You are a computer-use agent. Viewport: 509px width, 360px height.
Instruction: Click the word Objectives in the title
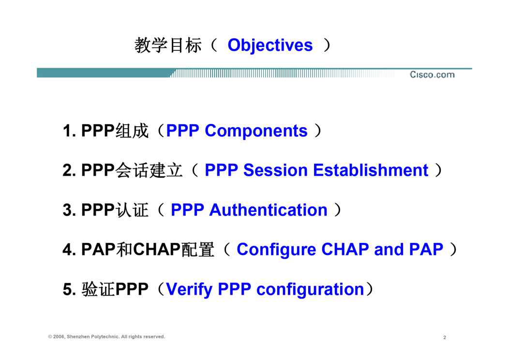click(270, 45)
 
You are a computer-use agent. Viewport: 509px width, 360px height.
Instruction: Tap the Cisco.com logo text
click(432, 75)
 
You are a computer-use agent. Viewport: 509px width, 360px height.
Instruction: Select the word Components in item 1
click(256, 132)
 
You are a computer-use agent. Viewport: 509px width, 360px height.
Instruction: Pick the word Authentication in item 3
click(268, 210)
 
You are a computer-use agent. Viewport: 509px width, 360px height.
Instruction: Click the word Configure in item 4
click(276, 250)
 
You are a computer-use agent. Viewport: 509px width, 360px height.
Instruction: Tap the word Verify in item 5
click(189, 289)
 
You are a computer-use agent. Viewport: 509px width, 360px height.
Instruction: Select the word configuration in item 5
click(310, 289)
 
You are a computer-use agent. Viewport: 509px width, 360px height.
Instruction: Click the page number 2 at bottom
click(445, 338)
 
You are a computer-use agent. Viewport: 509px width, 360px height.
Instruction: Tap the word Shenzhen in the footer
click(78, 337)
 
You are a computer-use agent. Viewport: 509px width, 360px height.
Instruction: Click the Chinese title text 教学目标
click(168, 45)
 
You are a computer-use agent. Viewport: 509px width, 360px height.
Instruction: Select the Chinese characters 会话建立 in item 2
click(149, 170)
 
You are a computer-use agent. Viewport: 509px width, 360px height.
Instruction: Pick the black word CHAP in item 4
click(156, 250)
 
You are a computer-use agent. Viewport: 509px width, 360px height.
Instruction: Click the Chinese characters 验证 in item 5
click(98, 289)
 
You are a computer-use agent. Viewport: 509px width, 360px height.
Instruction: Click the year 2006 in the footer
click(59, 337)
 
